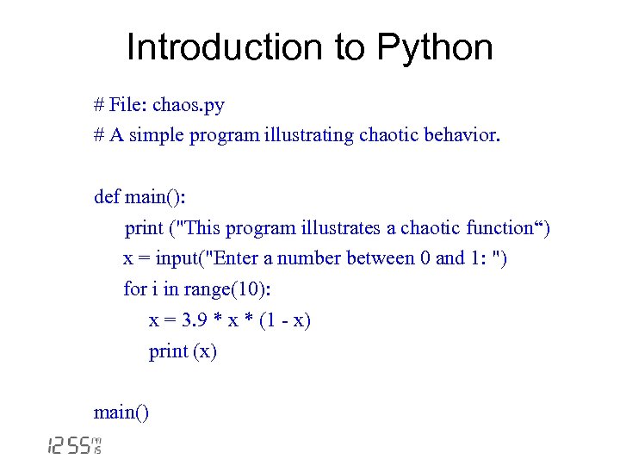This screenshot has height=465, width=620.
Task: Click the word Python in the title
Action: (437, 47)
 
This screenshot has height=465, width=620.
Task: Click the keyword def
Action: (107, 197)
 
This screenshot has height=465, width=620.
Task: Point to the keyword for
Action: (135, 289)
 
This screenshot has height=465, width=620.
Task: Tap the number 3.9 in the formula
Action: (194, 320)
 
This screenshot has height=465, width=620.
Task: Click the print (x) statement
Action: (183, 351)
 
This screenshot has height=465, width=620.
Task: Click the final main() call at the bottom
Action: (121, 412)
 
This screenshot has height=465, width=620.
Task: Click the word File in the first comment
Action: (128, 105)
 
